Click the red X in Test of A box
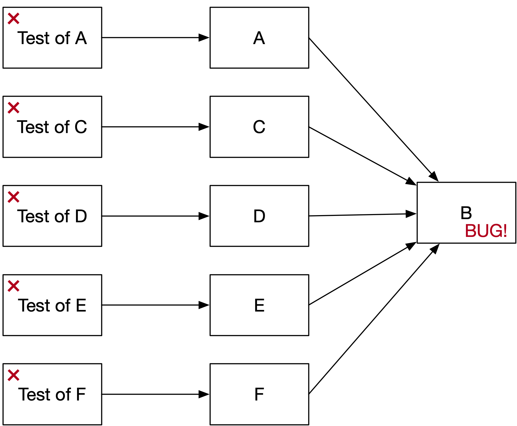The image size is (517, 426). pyautogui.click(x=14, y=19)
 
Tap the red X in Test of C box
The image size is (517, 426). pyautogui.click(x=14, y=108)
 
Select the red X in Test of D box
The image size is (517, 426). pyautogui.click(x=14, y=197)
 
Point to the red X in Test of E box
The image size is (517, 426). pyautogui.click(x=14, y=286)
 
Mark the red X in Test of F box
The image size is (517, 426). pyautogui.click(x=14, y=375)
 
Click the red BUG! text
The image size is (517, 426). pyautogui.click(x=486, y=231)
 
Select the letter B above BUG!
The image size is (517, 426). pyautogui.click(x=466, y=213)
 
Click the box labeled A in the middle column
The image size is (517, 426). pyautogui.click(x=259, y=38)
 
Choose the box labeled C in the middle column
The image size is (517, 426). pyautogui.click(x=259, y=127)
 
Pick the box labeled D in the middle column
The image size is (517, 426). pyautogui.click(x=259, y=216)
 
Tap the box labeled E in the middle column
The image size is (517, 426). pyautogui.click(x=259, y=305)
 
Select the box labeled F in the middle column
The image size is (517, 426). pyautogui.click(x=259, y=394)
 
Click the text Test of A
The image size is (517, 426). pyautogui.click(x=52, y=38)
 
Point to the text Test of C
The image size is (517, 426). pyautogui.click(x=52, y=127)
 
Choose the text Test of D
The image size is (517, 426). pyautogui.click(x=52, y=216)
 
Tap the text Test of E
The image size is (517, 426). pyautogui.click(x=52, y=305)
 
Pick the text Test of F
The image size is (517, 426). pyautogui.click(x=52, y=394)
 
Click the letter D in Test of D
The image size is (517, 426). pyautogui.click(x=81, y=216)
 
